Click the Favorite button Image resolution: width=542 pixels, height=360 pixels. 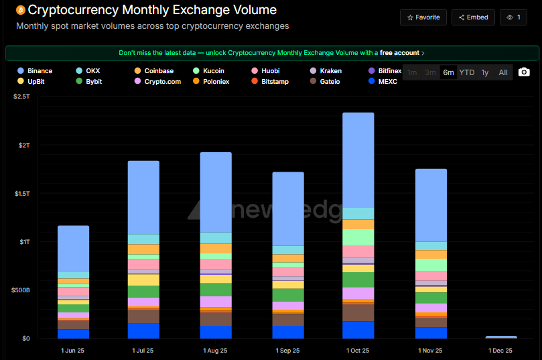423,17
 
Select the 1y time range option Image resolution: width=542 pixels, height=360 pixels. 485,72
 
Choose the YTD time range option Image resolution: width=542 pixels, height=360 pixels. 466,72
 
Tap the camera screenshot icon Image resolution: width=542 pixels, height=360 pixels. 524,72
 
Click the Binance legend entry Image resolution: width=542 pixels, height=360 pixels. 36,70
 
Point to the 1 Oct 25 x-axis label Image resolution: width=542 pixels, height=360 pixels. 359,351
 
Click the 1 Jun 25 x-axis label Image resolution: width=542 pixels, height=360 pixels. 73,351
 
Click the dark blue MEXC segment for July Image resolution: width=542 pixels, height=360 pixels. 143,331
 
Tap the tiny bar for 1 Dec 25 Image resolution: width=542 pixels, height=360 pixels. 501,337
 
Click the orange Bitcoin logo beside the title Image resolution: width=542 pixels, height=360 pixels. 20,11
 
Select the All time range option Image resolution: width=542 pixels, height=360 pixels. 502,72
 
